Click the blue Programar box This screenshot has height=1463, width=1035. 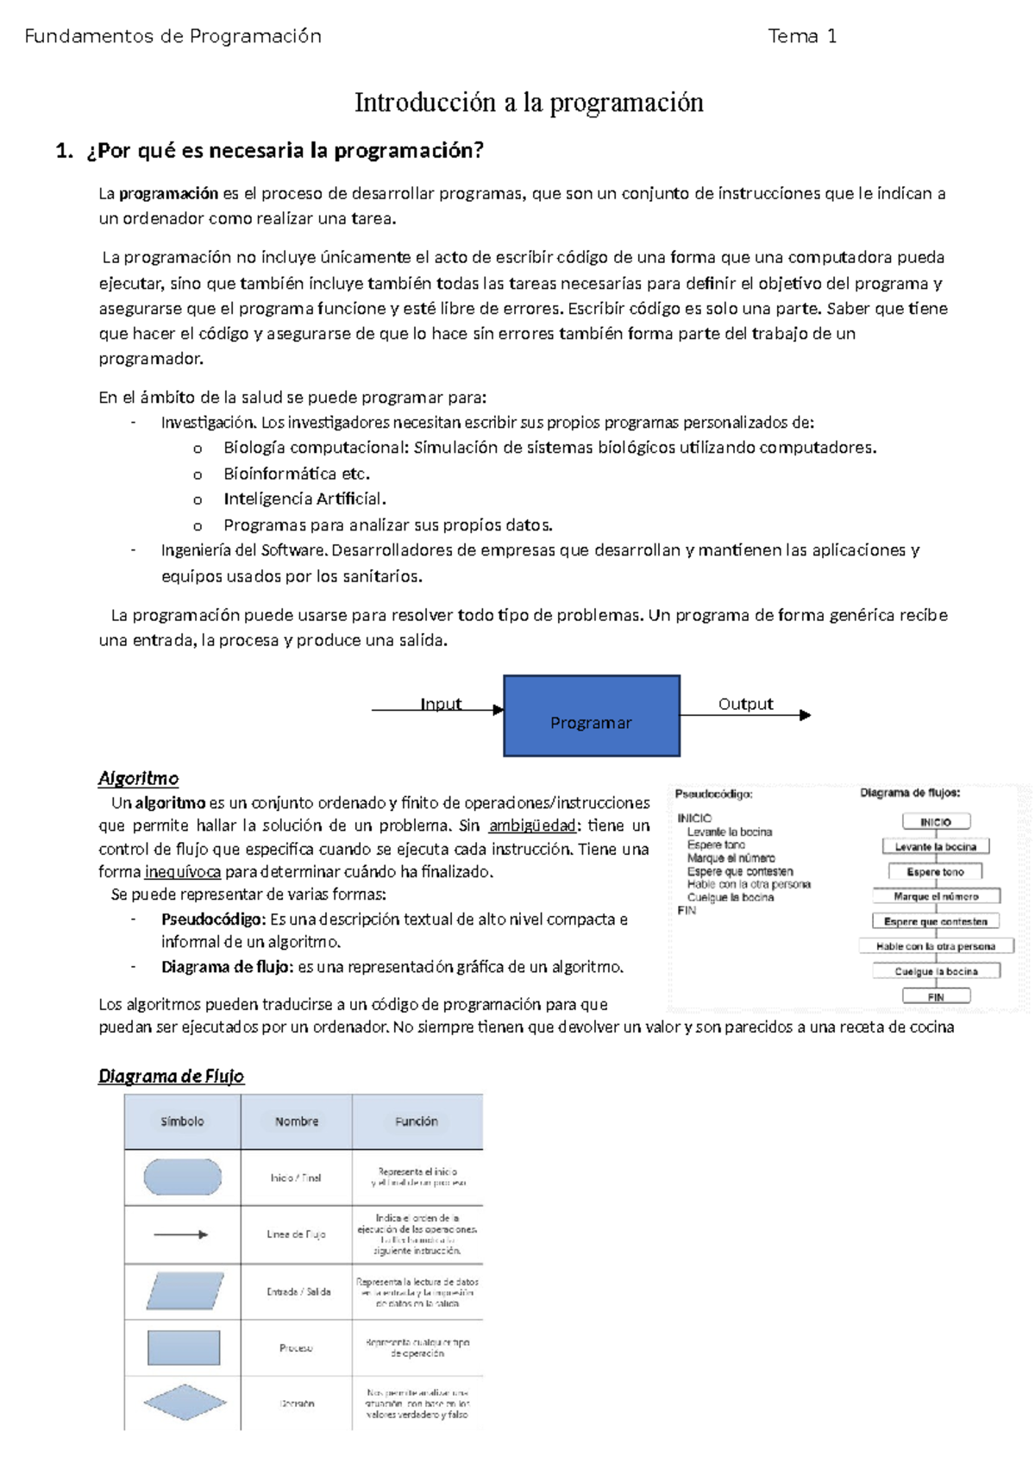(592, 715)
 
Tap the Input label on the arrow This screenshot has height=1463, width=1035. (441, 704)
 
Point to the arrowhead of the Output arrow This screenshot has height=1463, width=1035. (806, 715)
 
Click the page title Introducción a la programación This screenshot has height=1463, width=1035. (529, 103)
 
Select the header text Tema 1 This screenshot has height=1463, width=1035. (802, 36)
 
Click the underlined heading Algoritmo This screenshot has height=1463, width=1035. (138, 778)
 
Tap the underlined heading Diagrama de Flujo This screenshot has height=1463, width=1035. (171, 1076)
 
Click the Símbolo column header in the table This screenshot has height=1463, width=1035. (182, 1121)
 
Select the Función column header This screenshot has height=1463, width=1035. (417, 1121)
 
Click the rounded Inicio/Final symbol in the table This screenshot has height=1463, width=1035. (182, 1177)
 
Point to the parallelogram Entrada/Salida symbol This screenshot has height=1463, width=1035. (185, 1291)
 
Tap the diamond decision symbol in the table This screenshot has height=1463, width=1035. (185, 1403)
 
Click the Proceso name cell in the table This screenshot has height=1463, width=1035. (296, 1347)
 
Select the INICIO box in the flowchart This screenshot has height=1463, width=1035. (936, 822)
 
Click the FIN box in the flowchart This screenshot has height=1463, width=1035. (936, 996)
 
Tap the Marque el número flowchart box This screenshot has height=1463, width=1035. (936, 896)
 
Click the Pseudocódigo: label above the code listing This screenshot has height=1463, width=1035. (713, 794)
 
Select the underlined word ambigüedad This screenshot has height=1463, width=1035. (532, 826)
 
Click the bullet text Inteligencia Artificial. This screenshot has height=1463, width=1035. (304, 499)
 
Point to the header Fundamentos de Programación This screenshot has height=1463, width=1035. (172, 36)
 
